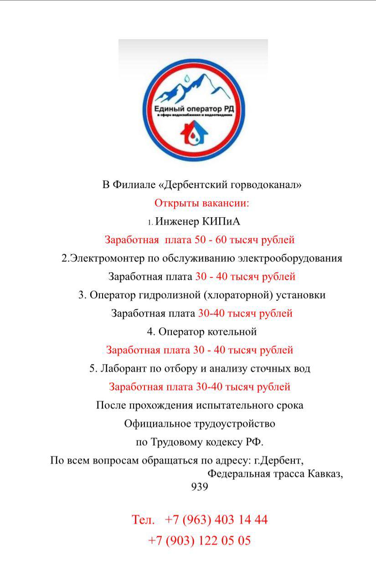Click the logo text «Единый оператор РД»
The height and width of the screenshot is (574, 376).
point(194,109)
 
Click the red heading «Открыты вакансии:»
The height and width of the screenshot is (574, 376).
point(202,203)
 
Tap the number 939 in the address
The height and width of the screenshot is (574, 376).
point(200,487)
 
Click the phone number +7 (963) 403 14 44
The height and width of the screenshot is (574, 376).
point(216,520)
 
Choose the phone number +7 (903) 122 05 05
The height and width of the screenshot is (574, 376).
point(200,541)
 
